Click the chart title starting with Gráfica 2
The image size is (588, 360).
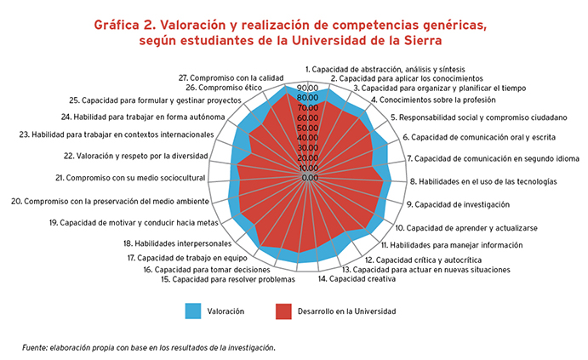pos(290,32)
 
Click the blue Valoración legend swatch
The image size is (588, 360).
pos(193,311)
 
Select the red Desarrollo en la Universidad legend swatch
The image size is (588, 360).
pos(283,311)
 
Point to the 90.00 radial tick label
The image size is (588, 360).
pos(308,88)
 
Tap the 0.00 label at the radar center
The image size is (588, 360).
pos(310,178)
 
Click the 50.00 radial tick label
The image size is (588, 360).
pos(308,128)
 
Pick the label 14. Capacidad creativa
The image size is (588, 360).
pos(357,279)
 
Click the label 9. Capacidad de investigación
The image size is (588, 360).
pos(459,204)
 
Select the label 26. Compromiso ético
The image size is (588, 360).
pos(224,88)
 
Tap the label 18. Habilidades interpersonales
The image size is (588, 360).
pos(177,243)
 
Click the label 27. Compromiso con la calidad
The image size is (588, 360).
pos(231,78)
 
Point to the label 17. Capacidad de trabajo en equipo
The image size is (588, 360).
pos(187,258)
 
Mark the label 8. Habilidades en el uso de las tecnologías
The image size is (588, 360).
pos(483,181)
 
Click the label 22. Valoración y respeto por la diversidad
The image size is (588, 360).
pos(136,156)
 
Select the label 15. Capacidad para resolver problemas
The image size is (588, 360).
pos(228,279)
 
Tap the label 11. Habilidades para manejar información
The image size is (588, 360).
pos(452,245)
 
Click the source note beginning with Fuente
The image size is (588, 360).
pos(149,348)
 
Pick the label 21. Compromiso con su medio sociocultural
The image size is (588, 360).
pos(130,178)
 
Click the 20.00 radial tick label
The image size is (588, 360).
pos(308,158)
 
